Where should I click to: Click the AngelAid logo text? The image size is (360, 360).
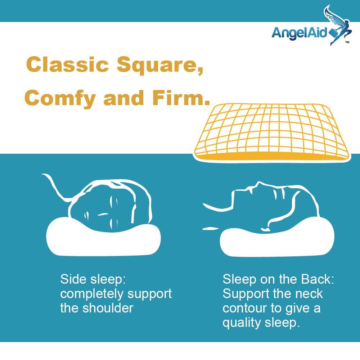tap(299, 33)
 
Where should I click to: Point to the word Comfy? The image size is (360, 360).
tap(60, 99)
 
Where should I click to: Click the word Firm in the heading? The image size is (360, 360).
tap(181, 98)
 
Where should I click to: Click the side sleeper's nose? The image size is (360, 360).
tap(103, 215)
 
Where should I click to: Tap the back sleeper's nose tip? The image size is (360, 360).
tap(258, 182)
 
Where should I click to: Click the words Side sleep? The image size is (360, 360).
tap(93, 280)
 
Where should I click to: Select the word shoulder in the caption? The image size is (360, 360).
tap(108, 308)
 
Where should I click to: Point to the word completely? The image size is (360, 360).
tap(92, 294)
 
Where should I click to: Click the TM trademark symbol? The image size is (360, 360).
tap(347, 42)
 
